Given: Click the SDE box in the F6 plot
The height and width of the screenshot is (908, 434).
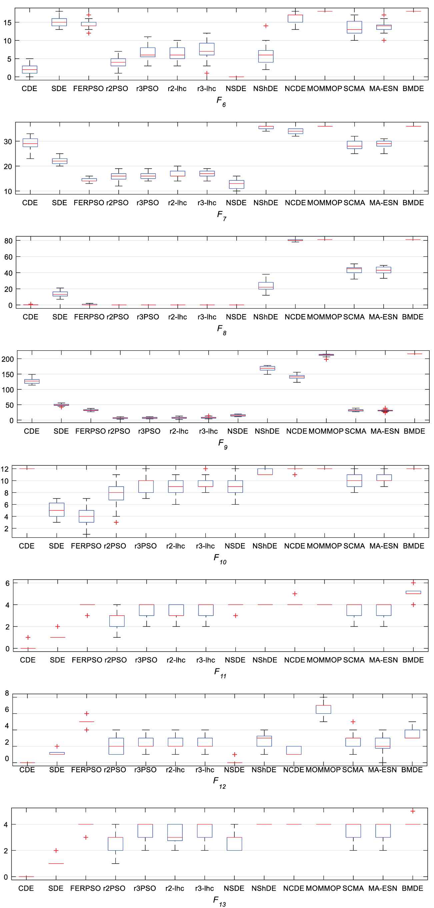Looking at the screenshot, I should click(x=59, y=22).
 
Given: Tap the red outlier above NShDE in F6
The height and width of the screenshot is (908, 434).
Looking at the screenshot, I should click(x=266, y=26).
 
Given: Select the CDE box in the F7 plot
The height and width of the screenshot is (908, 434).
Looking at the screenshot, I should click(x=30, y=143).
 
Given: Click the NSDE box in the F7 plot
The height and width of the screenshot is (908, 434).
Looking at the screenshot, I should click(x=236, y=184).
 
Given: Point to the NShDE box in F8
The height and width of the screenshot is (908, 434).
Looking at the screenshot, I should click(x=266, y=286).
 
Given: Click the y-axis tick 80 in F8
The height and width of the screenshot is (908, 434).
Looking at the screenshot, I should click(x=8, y=241).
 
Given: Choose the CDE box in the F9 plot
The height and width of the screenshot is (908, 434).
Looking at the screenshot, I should click(x=32, y=381).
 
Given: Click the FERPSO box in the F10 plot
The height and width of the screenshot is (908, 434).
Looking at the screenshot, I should click(x=86, y=516).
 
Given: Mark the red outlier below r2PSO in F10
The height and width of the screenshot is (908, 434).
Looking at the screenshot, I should click(x=116, y=522).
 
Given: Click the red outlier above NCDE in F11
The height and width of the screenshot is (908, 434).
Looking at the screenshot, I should click(x=295, y=594).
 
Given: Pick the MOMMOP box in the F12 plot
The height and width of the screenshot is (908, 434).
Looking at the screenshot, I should click(x=323, y=709).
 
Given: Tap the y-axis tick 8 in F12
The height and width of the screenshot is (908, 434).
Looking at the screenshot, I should click(x=7, y=693).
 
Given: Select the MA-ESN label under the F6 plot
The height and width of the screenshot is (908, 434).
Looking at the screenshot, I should click(x=384, y=88).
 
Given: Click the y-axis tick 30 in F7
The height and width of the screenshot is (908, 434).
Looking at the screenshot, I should click(x=8, y=141).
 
